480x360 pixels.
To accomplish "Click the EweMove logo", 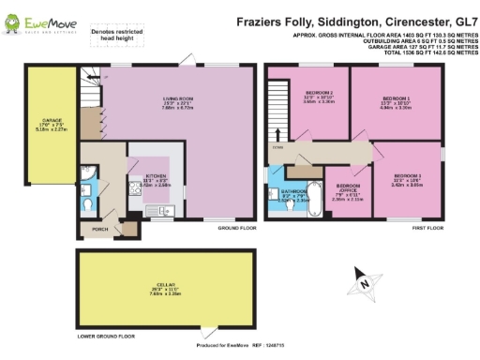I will [37, 18].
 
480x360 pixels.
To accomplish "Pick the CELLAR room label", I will [163, 286].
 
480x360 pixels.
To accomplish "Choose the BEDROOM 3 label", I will [406, 179].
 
